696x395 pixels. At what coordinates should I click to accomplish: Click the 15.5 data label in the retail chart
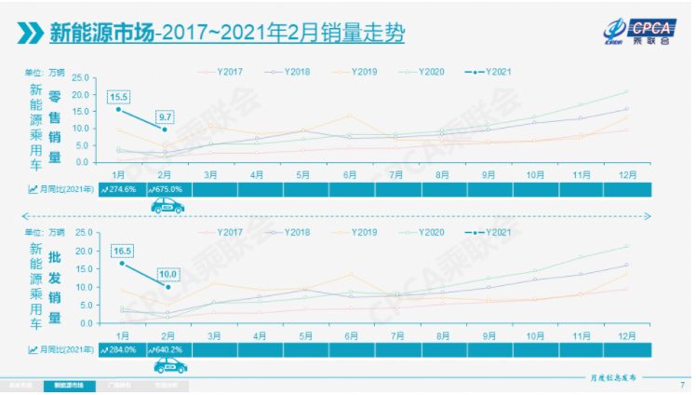coord(118,96)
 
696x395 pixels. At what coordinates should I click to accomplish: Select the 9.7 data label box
coord(167,116)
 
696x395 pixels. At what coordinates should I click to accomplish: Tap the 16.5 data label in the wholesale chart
coord(122,252)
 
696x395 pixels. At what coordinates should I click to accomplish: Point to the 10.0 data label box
coord(167,273)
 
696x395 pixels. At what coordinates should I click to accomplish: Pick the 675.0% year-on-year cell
coord(167,188)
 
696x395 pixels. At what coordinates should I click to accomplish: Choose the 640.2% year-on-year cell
coord(167,348)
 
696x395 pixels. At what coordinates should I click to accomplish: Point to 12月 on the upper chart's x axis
coord(628,174)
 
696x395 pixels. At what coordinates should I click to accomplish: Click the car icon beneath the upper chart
coord(167,206)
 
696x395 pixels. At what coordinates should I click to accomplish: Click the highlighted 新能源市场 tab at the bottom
coord(69,385)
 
